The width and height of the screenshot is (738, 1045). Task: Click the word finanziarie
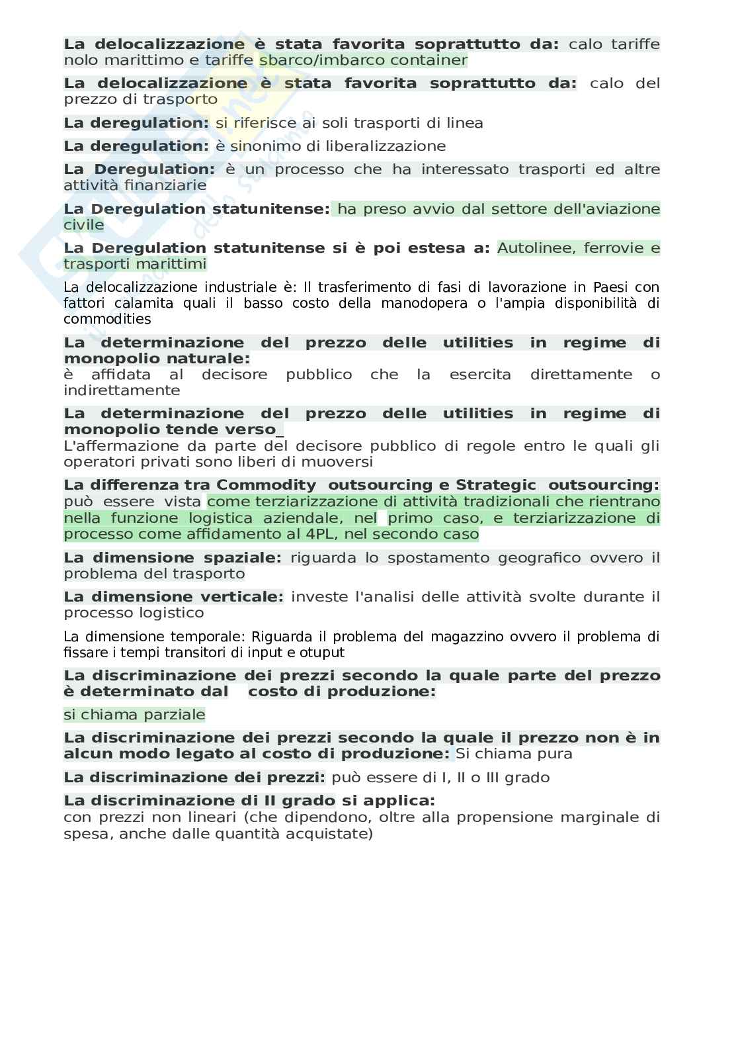[165, 185]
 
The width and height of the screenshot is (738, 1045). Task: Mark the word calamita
[147, 303]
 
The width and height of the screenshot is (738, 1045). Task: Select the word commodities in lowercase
[107, 319]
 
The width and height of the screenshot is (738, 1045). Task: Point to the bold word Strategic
[496, 485]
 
